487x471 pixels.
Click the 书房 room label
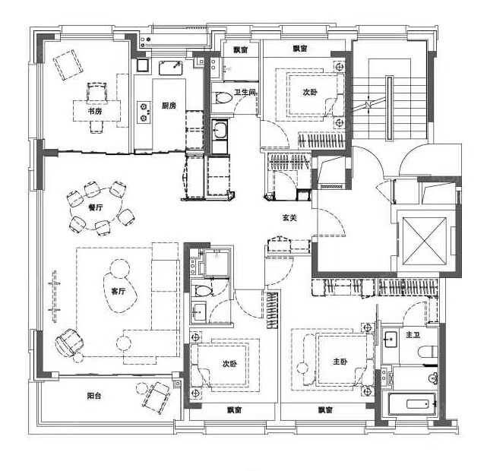pyautogui.click(x=94, y=111)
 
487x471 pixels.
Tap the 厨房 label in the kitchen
pyautogui.click(x=169, y=106)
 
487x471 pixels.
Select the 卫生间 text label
pyautogui.click(x=245, y=92)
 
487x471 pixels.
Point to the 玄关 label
pyautogui.click(x=289, y=217)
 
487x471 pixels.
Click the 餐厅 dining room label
pyautogui.click(x=95, y=206)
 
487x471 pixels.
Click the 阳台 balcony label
pyautogui.click(x=94, y=395)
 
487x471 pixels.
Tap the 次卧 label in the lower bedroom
pyautogui.click(x=229, y=364)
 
